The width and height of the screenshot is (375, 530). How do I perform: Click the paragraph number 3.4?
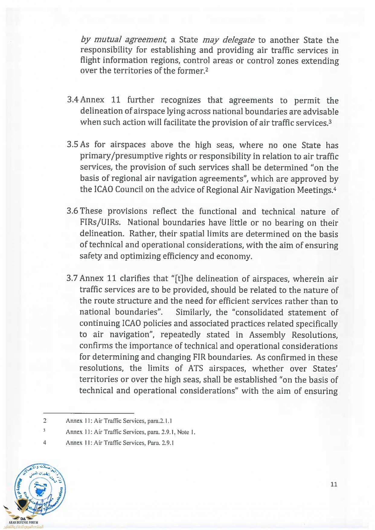click(x=73, y=100)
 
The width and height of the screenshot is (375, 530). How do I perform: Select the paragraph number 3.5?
click(x=73, y=145)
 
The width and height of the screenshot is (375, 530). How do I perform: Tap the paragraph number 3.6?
click(x=73, y=211)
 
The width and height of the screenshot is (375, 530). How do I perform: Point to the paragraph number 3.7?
click(x=72, y=278)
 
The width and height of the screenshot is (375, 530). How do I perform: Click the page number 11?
click(x=334, y=484)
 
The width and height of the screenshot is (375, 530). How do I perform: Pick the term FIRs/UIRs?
click(x=100, y=223)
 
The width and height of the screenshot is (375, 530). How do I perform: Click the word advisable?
click(x=321, y=112)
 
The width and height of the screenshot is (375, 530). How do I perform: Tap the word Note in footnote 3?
click(x=183, y=432)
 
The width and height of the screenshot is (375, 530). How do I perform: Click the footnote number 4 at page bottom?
click(x=45, y=443)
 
